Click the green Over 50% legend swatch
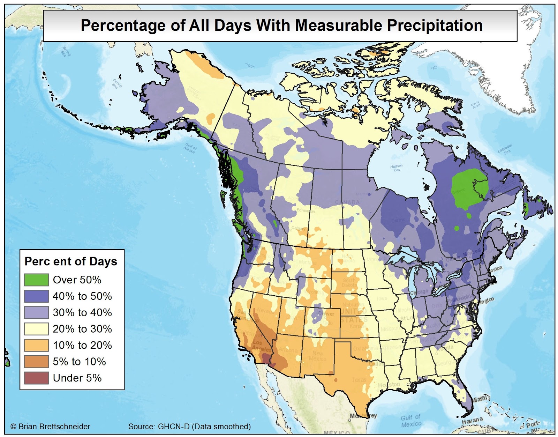click(36, 280)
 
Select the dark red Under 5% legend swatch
click(36, 378)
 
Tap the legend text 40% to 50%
click(82, 296)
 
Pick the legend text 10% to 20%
click(82, 346)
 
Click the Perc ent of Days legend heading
click(71, 261)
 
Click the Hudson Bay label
click(397, 168)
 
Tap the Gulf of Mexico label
click(411, 421)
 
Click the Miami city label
click(480, 399)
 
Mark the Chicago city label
click(418, 292)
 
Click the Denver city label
click(326, 313)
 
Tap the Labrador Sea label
click(505, 149)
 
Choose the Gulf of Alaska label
click(191, 148)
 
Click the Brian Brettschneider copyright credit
click(51, 427)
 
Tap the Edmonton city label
click(306, 210)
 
